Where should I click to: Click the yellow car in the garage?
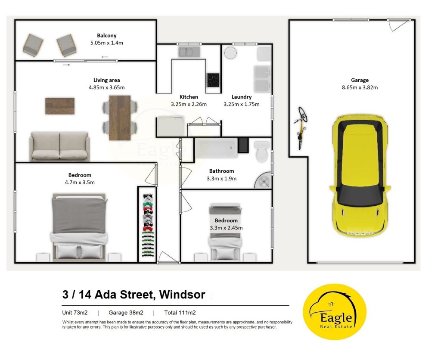point(360,175)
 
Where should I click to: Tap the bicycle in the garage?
point(301,128)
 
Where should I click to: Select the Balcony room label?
point(107,35)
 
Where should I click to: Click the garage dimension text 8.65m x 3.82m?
point(360,87)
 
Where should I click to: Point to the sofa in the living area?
point(59,146)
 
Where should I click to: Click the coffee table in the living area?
point(60,106)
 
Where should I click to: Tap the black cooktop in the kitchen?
point(213,80)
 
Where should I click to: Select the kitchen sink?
point(189,52)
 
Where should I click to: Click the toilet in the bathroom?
point(262,151)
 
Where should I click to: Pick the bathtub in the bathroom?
point(216,148)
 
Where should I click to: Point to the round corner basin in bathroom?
point(263,180)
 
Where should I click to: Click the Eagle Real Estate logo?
point(334,312)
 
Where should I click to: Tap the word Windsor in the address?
point(182,295)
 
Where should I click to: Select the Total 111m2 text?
point(180,313)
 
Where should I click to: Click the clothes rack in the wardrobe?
point(148,225)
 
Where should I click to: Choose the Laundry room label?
point(241,97)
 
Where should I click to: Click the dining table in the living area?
point(120,118)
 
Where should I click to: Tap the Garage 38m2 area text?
point(126,313)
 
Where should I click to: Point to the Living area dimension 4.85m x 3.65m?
point(107,87)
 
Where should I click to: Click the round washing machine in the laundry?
point(230,53)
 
